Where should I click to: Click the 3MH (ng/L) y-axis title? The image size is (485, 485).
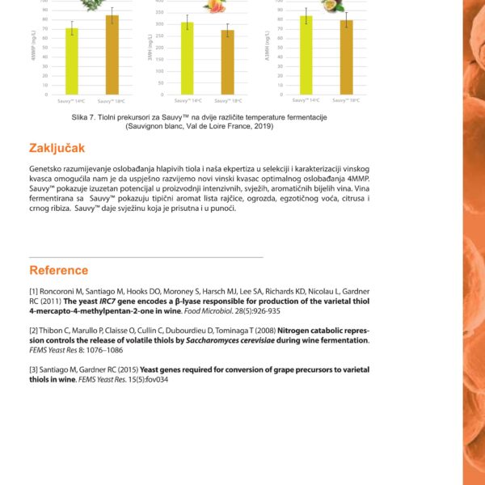(x=150, y=54)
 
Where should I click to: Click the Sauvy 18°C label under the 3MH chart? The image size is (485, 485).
(x=227, y=101)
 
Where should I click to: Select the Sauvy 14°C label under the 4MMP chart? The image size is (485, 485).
(x=71, y=101)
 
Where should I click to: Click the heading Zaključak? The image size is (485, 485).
(x=57, y=148)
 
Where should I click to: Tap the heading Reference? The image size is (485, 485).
(x=59, y=270)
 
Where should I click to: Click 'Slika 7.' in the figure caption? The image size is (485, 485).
(x=85, y=117)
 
